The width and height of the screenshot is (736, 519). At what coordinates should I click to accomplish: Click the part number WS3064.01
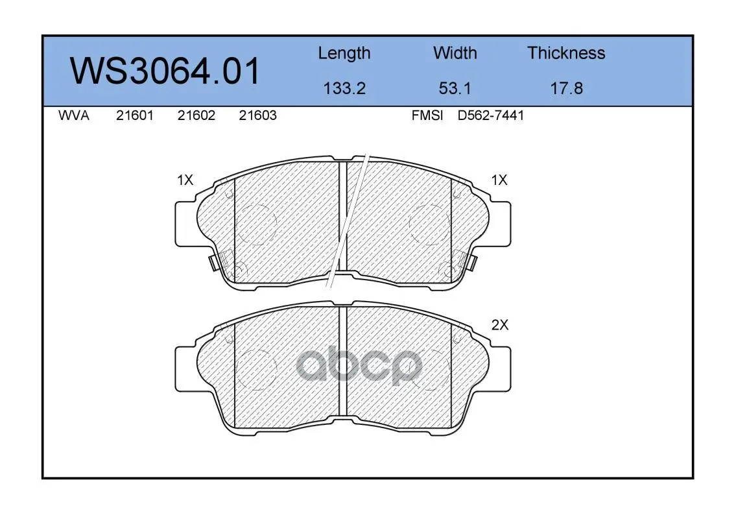165,71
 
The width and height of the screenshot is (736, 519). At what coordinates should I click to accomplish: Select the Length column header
344,54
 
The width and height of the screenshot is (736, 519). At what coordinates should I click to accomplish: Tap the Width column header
455,53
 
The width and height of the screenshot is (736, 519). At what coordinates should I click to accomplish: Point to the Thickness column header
566,53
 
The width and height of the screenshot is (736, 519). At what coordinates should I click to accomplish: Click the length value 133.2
344,88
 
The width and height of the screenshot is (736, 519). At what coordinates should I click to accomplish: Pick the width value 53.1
455,88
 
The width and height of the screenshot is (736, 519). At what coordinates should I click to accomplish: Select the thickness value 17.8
567,88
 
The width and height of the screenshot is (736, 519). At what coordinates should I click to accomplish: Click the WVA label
74,115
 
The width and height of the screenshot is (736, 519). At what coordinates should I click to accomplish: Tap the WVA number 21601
135,115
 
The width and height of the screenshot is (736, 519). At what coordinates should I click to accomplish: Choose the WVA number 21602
196,115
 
